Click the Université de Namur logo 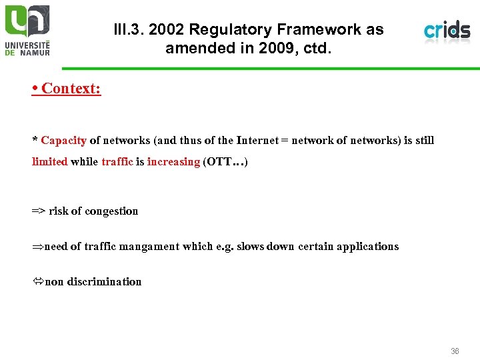27,29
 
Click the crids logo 447,30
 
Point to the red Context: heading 67,88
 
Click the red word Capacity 63,140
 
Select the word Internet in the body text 257,140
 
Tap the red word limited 50,161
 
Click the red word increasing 173,161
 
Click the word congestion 112,211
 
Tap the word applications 367,247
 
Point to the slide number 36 455,351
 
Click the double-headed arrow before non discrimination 37,282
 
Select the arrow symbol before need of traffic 37,247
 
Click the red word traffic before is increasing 117,161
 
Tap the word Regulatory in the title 225,30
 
